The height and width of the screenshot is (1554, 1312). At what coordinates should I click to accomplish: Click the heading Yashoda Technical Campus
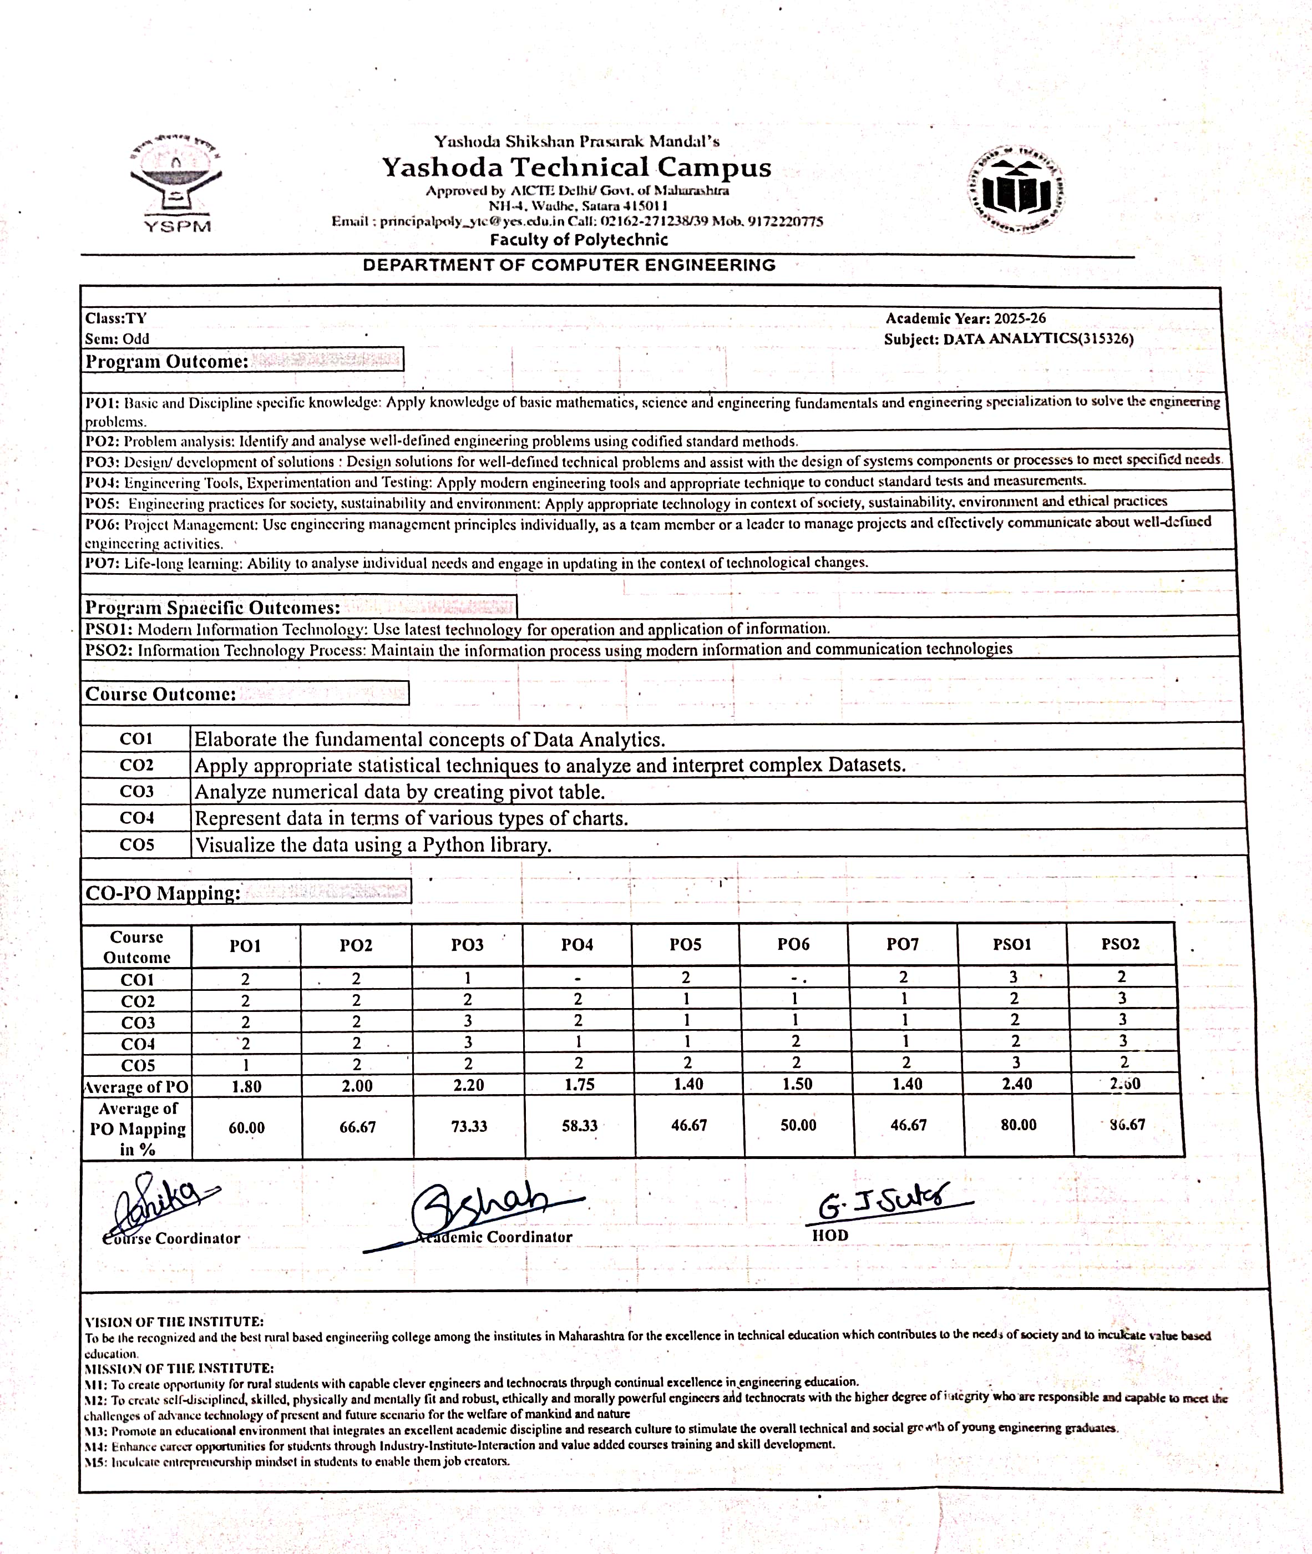coord(576,168)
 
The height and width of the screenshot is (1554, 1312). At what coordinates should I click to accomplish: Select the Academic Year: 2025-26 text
coord(965,318)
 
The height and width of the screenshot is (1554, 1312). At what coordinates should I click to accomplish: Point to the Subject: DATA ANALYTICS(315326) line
coord(1009,339)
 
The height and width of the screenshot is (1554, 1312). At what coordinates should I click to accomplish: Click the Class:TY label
coord(116,318)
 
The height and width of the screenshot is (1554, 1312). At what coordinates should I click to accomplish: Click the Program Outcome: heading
coord(166,362)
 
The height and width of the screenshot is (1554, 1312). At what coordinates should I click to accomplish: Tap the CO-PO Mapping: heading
coord(163,893)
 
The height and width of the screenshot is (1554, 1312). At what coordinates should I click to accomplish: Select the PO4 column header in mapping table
coord(577,945)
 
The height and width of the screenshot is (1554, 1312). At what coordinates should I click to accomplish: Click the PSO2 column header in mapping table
coord(1120,944)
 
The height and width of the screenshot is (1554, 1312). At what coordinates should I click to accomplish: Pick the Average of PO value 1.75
coord(579,1085)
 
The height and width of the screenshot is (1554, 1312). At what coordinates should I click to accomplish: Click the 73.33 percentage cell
coord(469,1126)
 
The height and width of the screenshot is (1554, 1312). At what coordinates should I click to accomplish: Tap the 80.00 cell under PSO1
coord(1018,1125)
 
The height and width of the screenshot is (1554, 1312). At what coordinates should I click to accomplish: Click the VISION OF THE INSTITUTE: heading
coord(174,1322)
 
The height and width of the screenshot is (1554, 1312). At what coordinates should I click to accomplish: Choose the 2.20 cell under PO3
coord(469,1085)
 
